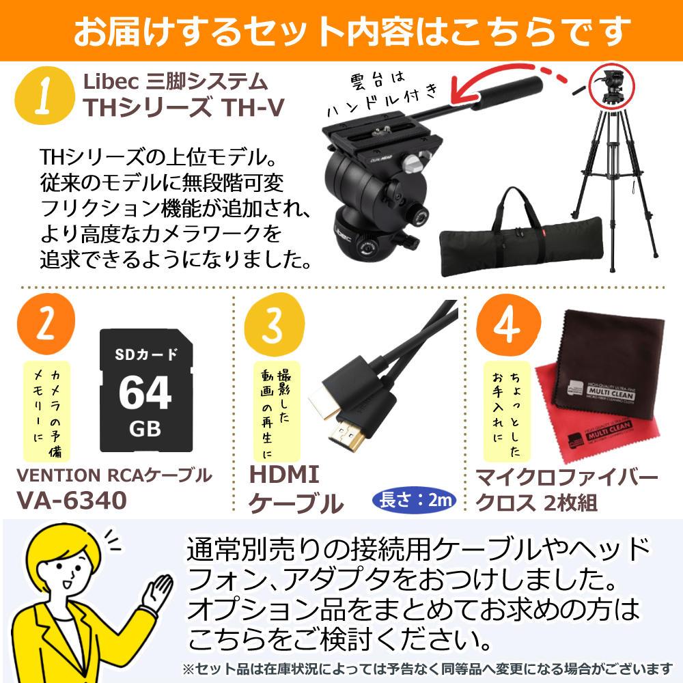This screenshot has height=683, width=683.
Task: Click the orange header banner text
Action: (x=352, y=31)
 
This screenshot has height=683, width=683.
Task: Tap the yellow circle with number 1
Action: (x=44, y=96)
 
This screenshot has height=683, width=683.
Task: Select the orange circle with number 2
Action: (x=46, y=323)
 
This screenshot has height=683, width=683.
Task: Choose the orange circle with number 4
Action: (x=508, y=325)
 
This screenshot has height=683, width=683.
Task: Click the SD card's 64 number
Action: (x=145, y=393)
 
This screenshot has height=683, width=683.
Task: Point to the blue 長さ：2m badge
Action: (x=415, y=500)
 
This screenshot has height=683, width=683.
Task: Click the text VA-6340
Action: (x=72, y=500)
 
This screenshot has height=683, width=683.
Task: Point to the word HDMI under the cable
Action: (x=284, y=475)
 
